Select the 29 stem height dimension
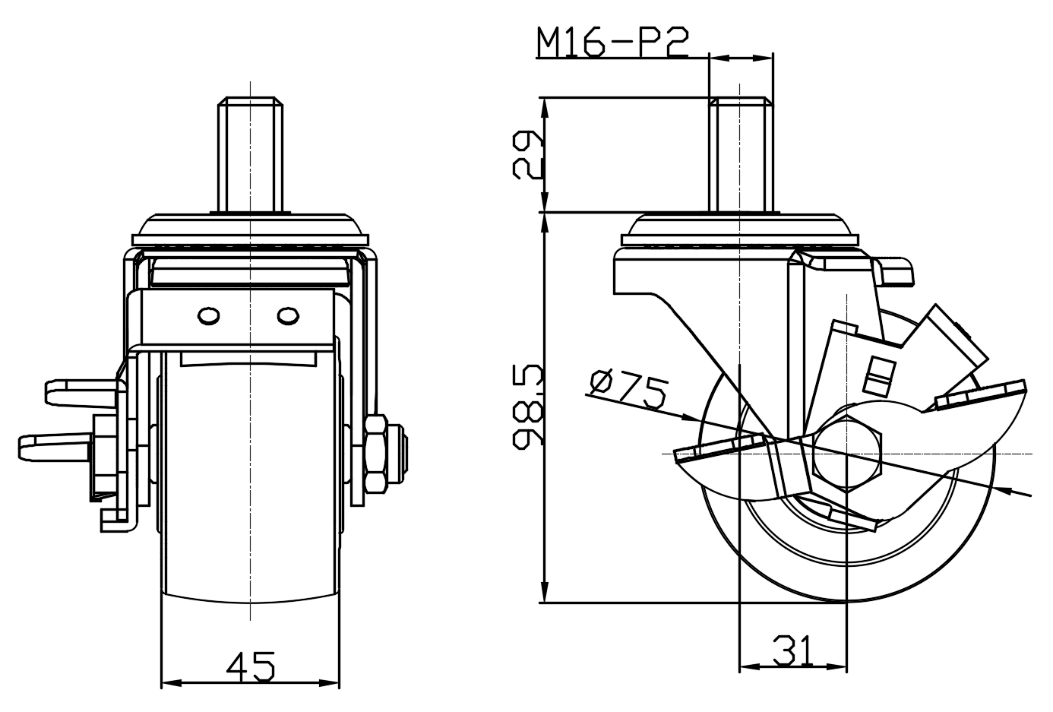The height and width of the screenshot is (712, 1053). [x=527, y=155]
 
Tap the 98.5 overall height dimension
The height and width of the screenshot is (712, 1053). [x=527, y=406]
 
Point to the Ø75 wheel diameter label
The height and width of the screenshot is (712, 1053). [x=628, y=389]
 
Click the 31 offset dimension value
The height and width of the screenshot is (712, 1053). [x=792, y=650]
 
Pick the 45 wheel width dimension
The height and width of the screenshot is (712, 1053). [x=250, y=666]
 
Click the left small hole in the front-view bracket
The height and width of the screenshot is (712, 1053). [x=209, y=316]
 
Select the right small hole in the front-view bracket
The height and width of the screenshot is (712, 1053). [x=288, y=316]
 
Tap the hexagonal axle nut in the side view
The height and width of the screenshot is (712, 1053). [x=846, y=454]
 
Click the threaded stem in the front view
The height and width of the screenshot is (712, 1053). [x=250, y=154]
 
